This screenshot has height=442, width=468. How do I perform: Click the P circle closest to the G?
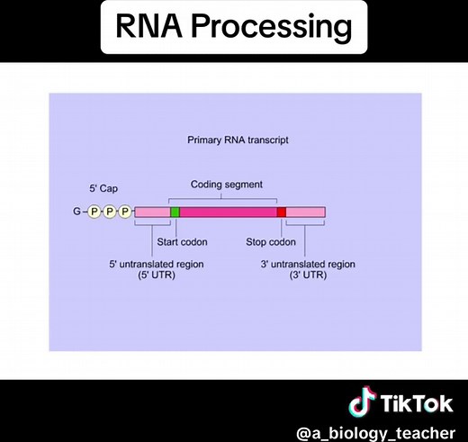tap(94, 212)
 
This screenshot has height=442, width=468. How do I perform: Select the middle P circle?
tap(110, 212)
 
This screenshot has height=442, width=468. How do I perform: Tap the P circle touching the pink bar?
tap(125, 212)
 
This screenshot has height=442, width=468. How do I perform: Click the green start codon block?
tap(175, 212)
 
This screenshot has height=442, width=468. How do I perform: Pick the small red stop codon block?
tap(281, 212)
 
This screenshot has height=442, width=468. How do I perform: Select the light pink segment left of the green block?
tap(151, 212)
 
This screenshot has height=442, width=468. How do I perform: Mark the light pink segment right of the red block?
tap(305, 212)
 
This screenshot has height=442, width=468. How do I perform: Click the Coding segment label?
tap(227, 185)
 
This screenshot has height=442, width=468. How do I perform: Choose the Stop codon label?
tap(271, 242)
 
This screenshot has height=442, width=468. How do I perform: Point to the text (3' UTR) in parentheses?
tap(309, 275)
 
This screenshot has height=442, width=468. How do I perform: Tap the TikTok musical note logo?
tap(360, 401)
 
